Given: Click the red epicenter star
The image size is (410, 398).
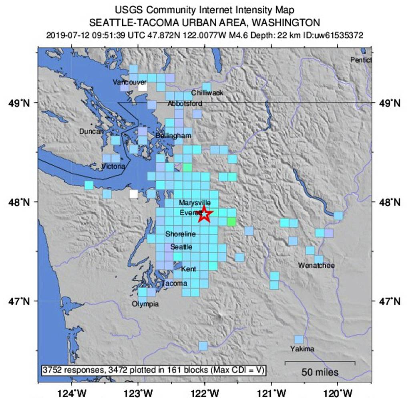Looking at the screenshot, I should pyautogui.click(x=205, y=214).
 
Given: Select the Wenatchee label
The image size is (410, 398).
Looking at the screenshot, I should pyautogui.click(x=316, y=265).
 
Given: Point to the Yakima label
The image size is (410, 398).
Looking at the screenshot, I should pyautogui.click(x=302, y=349).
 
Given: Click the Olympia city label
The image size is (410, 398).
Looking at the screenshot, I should pyautogui.click(x=145, y=304).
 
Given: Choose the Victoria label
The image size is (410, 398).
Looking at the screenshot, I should pyautogui.click(x=114, y=166).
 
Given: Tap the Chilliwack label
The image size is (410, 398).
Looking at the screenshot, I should pyautogui.click(x=207, y=93).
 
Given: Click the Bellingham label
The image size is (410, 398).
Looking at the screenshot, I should pyautogui.click(x=173, y=136).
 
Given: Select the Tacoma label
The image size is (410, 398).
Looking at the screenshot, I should pyautogui.click(x=174, y=283).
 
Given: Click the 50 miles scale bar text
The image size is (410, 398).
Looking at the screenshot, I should pyautogui.click(x=320, y=372).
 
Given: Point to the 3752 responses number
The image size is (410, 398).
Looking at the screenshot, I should pyautogui.click(x=53, y=370).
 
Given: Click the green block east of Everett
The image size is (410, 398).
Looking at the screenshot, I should pyautogui.click(x=231, y=222).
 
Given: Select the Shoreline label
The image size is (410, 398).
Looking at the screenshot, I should pyautogui.click(x=181, y=234).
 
